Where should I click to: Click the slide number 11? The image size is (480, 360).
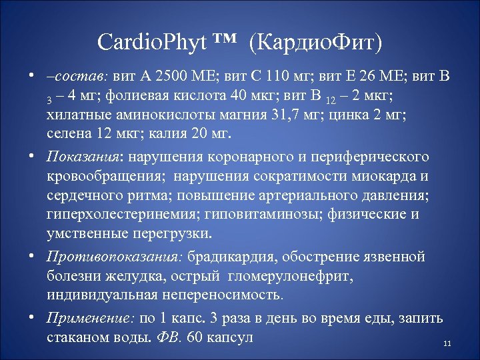[x=447, y=344]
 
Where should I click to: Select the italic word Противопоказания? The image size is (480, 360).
[x=115, y=257]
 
